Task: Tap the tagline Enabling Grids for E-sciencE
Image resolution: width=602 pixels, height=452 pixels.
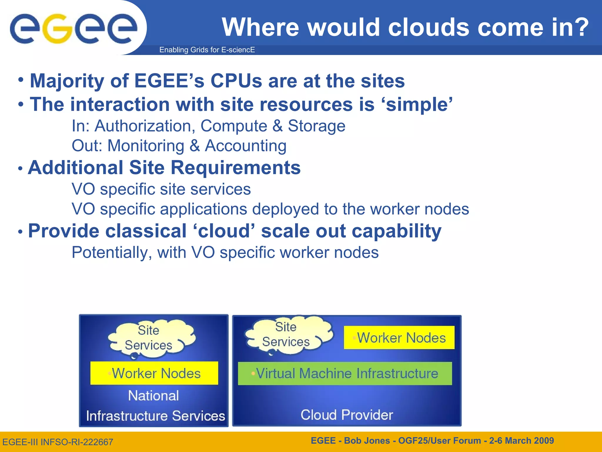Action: point(207,50)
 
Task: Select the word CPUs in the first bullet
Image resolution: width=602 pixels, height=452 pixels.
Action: point(236,81)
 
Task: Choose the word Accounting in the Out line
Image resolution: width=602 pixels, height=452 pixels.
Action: point(245,146)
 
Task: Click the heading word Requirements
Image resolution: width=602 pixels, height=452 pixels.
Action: point(235,168)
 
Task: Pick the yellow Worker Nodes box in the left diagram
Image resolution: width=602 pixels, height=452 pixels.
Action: point(154,373)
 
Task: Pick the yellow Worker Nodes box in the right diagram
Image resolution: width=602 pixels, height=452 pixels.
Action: point(399,338)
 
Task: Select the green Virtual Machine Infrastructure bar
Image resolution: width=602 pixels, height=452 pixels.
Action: point(345,373)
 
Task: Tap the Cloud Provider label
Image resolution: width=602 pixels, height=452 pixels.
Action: point(347,415)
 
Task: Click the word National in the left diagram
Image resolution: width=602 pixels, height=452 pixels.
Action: point(153,395)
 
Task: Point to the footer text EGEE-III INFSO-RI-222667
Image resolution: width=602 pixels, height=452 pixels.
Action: point(58,442)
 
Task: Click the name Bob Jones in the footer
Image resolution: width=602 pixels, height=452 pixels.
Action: point(367,441)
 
